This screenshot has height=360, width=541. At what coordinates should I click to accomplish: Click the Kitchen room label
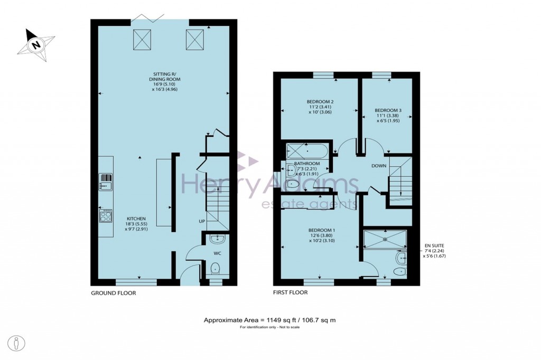click(136, 219)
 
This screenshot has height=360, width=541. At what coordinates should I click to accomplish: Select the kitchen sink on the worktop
click(106, 182)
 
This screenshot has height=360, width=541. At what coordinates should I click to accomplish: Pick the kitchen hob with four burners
click(106, 216)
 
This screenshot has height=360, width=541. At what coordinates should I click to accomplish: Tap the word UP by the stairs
click(202, 221)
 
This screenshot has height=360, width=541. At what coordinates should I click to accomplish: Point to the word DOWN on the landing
click(379, 166)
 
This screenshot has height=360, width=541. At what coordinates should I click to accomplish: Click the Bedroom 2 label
click(320, 101)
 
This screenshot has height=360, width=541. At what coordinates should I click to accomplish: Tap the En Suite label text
click(434, 245)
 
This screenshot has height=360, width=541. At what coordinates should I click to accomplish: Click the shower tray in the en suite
click(386, 239)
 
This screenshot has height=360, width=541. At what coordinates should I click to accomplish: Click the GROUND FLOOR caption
click(113, 292)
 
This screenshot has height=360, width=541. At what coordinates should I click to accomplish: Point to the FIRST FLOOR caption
click(290, 292)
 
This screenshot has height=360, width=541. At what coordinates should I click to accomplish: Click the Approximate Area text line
click(270, 320)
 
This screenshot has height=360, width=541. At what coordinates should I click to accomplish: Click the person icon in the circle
click(17, 342)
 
